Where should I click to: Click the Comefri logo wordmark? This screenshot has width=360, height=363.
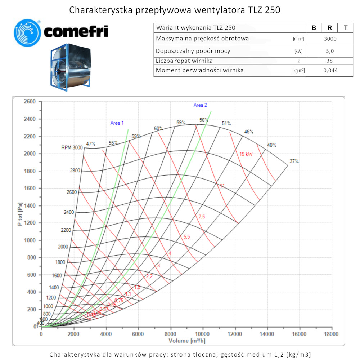pyautogui.click(x=76, y=32)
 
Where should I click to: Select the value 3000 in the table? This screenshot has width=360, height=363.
pyautogui.click(x=330, y=39)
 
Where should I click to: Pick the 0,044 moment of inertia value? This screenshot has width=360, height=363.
pyautogui.click(x=330, y=70)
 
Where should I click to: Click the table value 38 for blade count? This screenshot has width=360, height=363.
pyautogui.click(x=330, y=61)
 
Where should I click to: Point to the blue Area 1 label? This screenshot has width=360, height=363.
pyautogui.click(x=117, y=123)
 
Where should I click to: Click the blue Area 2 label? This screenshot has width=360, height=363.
pyautogui.click(x=200, y=105)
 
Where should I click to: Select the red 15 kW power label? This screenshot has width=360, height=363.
pyautogui.click(x=246, y=154)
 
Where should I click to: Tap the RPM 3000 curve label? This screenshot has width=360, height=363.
pyautogui.click(x=72, y=147)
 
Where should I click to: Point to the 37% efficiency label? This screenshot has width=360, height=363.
pyautogui.click(x=294, y=161)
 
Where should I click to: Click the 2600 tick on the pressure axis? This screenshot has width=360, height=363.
pyautogui.click(x=30, y=102)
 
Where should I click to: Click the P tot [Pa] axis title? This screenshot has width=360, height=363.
pyautogui.click(x=20, y=214)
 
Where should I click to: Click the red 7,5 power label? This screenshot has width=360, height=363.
pyautogui.click(x=202, y=217)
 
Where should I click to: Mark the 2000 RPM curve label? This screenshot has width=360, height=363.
pyautogui.click(x=63, y=247)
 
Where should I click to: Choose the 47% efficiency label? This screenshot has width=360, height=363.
pyautogui.click(x=91, y=144)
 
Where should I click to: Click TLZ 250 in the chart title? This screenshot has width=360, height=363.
pyautogui.click(x=264, y=10)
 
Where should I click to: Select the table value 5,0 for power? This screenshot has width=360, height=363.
pyautogui.click(x=330, y=51)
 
